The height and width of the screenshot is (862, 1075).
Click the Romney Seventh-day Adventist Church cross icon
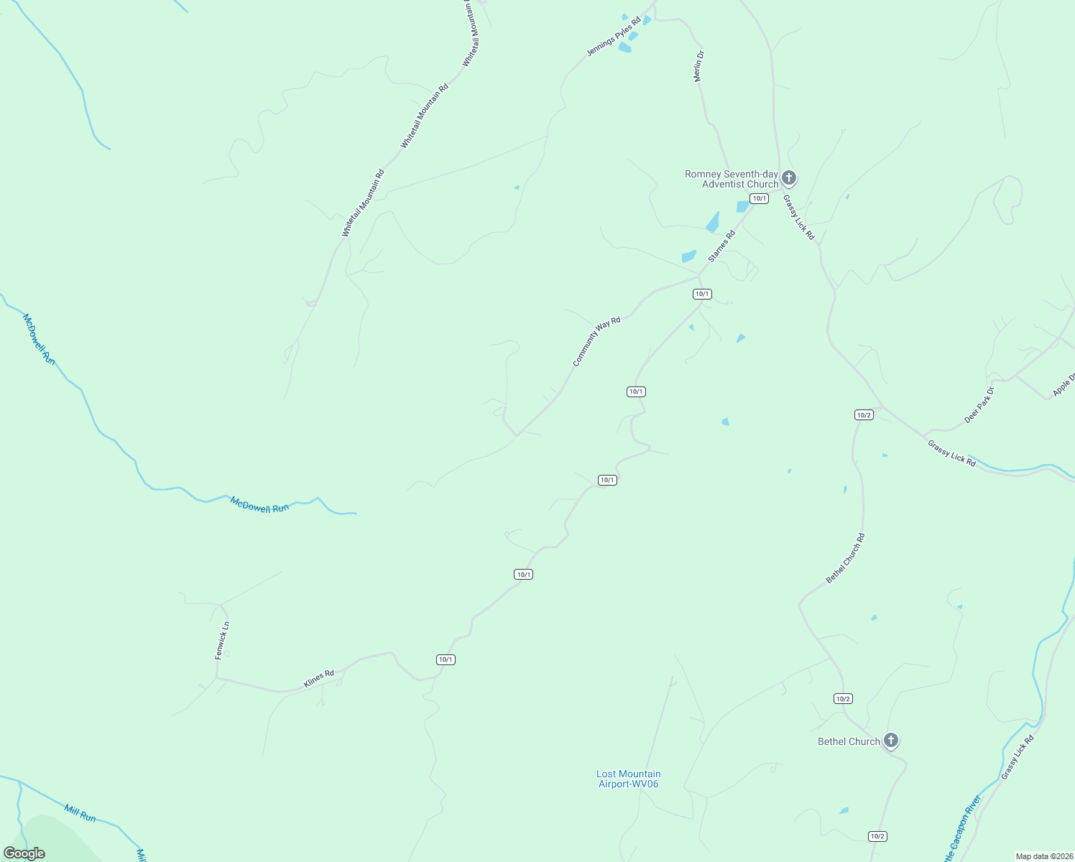point(789,177)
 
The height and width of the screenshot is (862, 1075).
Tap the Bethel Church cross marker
point(890,740)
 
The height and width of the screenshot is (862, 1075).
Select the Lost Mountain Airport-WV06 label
point(628,779)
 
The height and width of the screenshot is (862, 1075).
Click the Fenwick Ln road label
point(222,640)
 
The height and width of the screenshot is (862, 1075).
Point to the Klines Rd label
point(318,679)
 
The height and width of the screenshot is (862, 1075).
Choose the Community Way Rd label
point(596,342)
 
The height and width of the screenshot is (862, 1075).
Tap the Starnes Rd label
point(722,246)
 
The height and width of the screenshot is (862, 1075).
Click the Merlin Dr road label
point(699,66)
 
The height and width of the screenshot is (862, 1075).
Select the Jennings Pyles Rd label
point(613,37)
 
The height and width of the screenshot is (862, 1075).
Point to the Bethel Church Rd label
point(845,558)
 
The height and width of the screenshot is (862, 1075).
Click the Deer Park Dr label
point(979,405)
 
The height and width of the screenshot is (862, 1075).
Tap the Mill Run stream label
point(80,813)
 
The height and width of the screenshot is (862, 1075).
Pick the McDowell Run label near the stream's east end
point(259,504)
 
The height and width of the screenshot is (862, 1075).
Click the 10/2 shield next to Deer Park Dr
point(864,414)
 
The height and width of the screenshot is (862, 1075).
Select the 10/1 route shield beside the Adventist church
point(759,198)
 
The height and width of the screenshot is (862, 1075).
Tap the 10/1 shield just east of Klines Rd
point(446,659)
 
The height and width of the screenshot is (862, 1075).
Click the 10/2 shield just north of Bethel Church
point(843,698)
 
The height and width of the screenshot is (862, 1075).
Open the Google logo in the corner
point(24,853)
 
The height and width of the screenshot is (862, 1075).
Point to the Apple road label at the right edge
point(1064,384)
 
